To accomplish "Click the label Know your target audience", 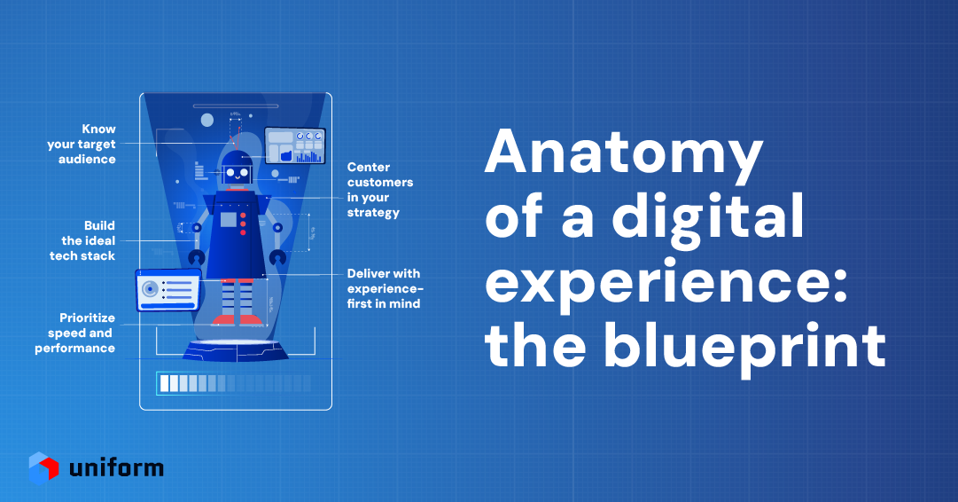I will click(82, 144).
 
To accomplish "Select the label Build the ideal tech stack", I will click(82, 240).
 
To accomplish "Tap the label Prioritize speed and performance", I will click(75, 333).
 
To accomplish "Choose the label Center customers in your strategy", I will click(373, 189).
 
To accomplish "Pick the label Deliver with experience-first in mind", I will click(384, 288).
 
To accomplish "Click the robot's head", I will click(237, 170).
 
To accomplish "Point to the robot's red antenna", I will click(236, 139).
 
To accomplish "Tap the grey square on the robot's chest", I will click(229, 220).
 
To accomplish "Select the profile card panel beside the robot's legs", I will click(167, 289).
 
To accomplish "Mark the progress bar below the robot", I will click(234, 383).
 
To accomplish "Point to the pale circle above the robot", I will click(207, 120).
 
